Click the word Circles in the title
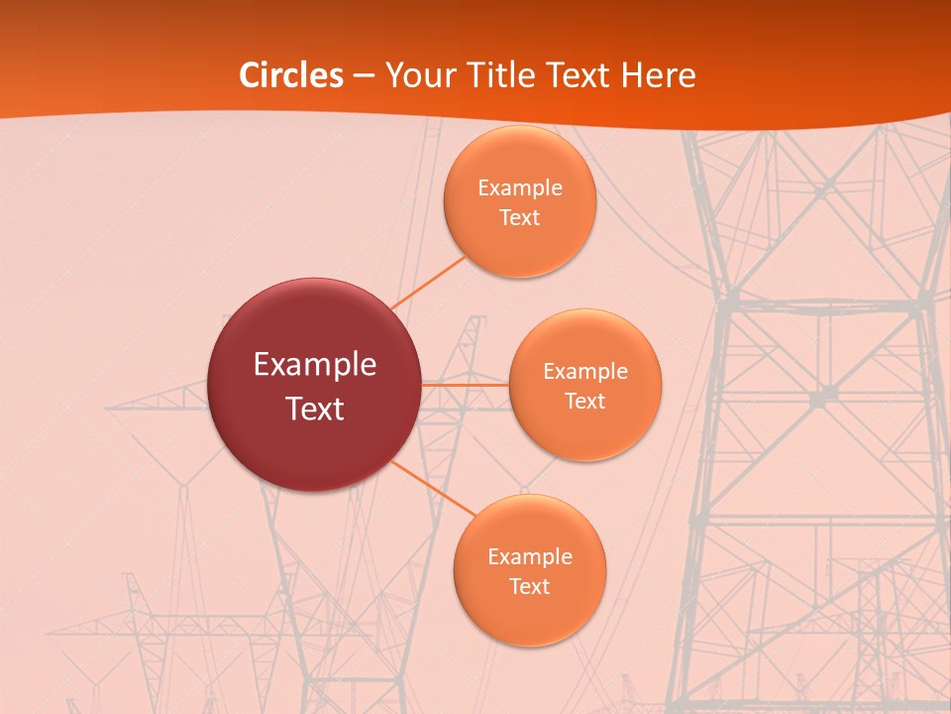tap(291, 75)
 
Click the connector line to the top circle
tap(429, 282)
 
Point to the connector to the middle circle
tap(466, 384)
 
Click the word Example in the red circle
tap(315, 365)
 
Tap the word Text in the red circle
tap(315, 409)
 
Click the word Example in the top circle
tap(520, 187)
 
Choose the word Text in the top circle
tap(520, 217)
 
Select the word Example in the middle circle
tap(585, 371)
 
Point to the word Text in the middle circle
tap(585, 401)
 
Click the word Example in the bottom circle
tap(530, 556)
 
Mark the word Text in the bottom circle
tap(530, 586)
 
